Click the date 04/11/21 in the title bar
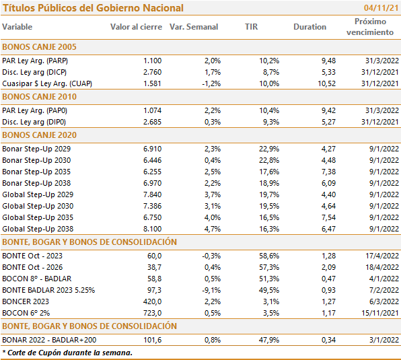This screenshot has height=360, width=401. (381, 8)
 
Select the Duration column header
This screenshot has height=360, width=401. (309, 27)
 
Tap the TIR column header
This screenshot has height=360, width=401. (251, 27)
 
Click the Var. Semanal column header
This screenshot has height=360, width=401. (194, 27)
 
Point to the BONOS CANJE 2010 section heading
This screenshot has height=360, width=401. (40, 97)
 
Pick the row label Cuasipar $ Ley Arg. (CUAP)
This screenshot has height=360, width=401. (47, 83)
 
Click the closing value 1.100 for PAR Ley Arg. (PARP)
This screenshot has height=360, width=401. (153, 61)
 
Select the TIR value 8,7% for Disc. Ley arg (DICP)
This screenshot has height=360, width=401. (271, 72)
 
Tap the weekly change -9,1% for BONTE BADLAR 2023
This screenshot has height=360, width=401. (211, 290)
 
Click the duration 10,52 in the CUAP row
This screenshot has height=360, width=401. (326, 83)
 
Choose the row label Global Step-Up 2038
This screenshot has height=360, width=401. (38, 229)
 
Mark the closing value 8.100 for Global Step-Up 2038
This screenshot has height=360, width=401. (153, 229)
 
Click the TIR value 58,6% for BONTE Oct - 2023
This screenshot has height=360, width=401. (269, 256)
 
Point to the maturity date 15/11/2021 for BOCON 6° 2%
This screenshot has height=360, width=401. (380, 313)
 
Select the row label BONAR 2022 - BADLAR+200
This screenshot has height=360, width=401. (49, 340)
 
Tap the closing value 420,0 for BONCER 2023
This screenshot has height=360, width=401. (153, 301)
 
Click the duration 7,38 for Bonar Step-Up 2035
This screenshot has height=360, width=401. (328, 172)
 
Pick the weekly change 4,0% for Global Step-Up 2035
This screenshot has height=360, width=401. (213, 217)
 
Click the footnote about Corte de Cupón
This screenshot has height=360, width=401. (67, 353)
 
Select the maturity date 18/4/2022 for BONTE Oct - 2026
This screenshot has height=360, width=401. (382, 267)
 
